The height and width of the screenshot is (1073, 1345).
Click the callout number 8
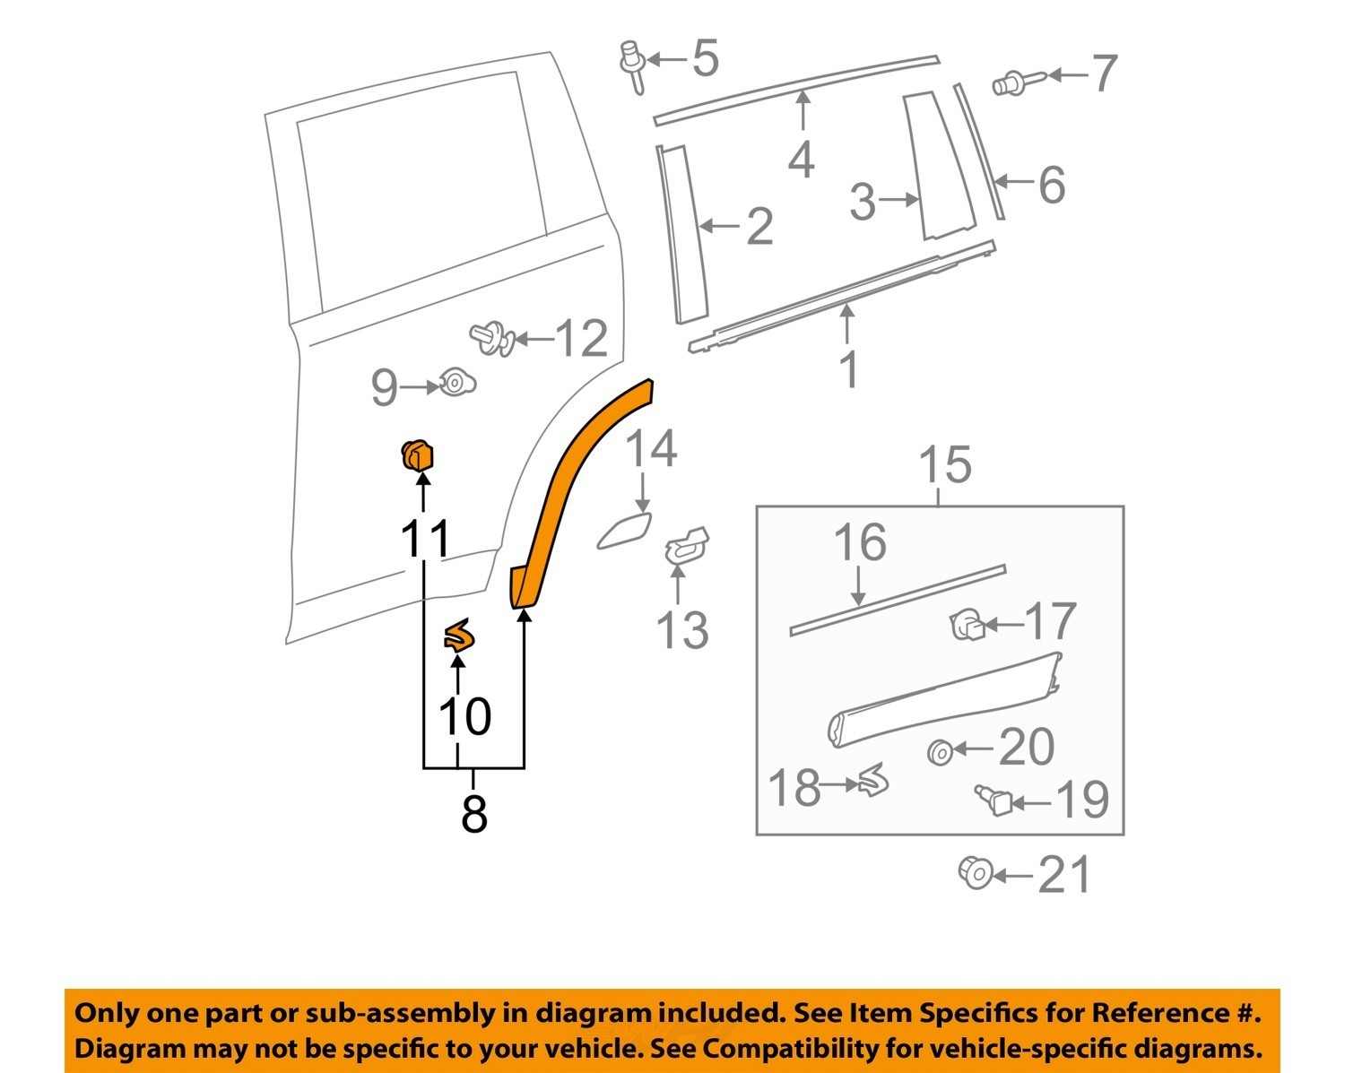(473, 814)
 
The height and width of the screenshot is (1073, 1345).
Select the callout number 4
(801, 160)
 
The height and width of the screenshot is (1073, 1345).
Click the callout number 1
(848, 369)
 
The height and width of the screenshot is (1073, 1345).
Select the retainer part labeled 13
(686, 545)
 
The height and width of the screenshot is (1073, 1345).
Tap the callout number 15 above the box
(945, 465)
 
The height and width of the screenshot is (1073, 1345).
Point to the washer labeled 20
(940, 751)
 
